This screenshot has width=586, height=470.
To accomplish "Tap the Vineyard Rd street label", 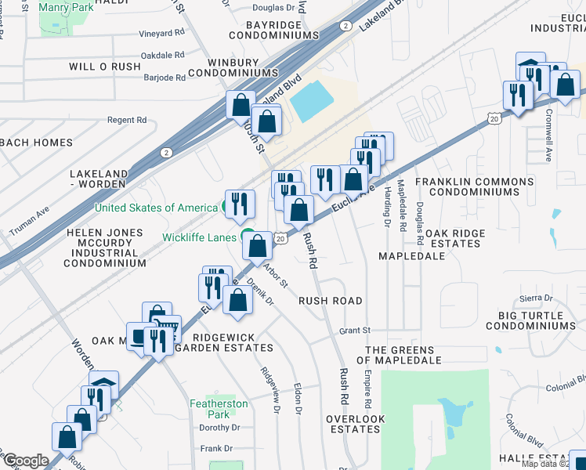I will click(161, 34).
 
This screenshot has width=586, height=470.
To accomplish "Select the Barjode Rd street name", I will click(165, 78).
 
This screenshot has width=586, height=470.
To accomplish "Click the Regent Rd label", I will click(127, 120).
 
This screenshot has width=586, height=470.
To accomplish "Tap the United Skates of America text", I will click(156, 208).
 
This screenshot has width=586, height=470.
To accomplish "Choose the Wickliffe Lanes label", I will click(200, 237).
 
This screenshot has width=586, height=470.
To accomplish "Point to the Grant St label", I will click(355, 331).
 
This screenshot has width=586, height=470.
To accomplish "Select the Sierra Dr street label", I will click(537, 299).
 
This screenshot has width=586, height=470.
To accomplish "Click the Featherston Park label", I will click(219, 409).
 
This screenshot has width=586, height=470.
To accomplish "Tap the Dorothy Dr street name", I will click(219, 428).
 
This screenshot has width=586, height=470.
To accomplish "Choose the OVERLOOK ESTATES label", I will click(356, 424).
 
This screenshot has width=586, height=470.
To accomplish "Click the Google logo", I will click(26, 461).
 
